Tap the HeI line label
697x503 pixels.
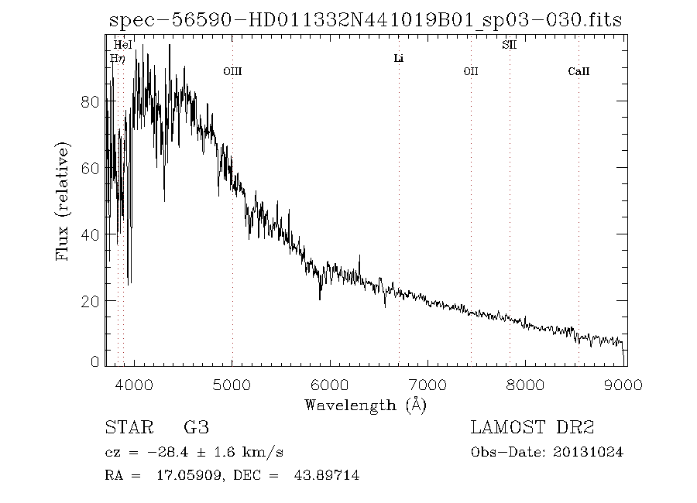pyautogui.click(x=123, y=46)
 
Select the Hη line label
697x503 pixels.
pyautogui.click(x=117, y=58)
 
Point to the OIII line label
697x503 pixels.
pyautogui.click(x=232, y=71)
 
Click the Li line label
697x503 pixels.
pyautogui.click(x=399, y=59)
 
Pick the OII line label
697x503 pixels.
pyautogui.click(x=471, y=71)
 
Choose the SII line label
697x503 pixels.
pyautogui.click(x=509, y=46)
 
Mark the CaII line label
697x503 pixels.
pyautogui.click(x=579, y=71)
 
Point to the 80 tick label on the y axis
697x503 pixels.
pyautogui.click(x=91, y=102)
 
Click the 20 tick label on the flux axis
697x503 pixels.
pyautogui.click(x=91, y=300)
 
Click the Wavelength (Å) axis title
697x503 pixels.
pyautogui.click(x=366, y=405)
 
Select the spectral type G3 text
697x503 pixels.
pyautogui.click(x=196, y=428)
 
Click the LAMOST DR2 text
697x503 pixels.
pyautogui.click(x=532, y=428)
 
